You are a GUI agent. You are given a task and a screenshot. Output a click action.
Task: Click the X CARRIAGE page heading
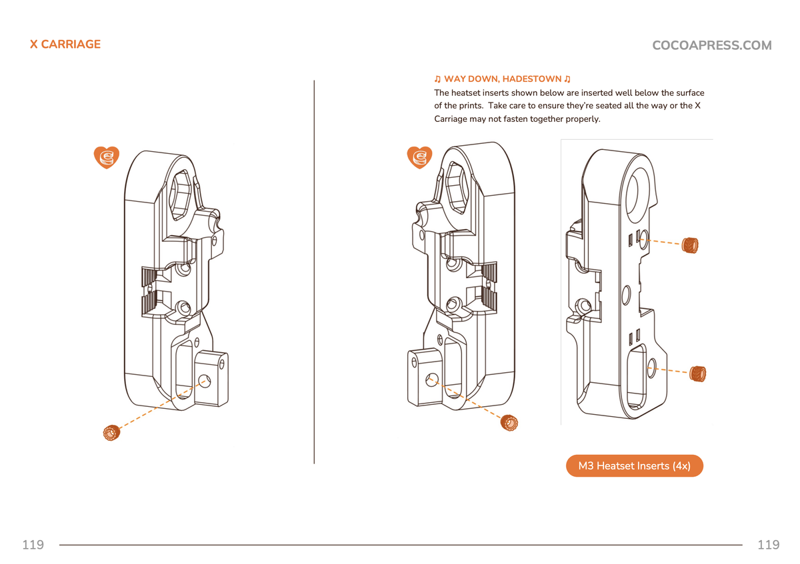(x=65, y=45)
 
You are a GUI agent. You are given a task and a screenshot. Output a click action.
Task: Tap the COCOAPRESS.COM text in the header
(x=711, y=45)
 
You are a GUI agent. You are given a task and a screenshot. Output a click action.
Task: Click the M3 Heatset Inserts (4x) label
(x=634, y=466)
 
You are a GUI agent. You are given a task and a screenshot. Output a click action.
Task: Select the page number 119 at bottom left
(x=33, y=545)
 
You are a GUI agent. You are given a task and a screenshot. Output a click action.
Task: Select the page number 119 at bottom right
(x=768, y=545)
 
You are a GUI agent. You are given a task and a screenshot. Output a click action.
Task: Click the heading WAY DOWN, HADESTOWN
(x=502, y=79)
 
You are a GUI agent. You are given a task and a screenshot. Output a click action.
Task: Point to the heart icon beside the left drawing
(x=106, y=157)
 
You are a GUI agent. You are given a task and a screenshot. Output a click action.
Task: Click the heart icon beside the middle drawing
(x=419, y=157)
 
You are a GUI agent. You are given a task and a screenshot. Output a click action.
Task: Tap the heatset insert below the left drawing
(x=111, y=433)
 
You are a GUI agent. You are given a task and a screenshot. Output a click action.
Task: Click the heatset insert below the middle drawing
(x=510, y=422)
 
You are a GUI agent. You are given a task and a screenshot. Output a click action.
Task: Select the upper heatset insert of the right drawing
(x=691, y=245)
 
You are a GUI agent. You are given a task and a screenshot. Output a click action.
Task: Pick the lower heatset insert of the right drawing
(x=698, y=374)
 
